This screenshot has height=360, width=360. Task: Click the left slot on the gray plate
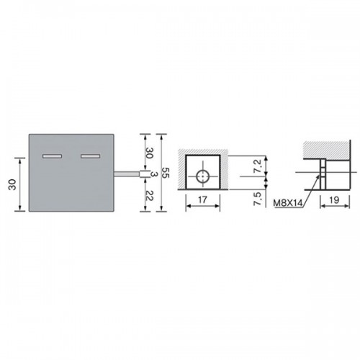point(52,156)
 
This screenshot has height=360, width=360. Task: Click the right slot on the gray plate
point(90,156)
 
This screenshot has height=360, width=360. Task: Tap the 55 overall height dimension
point(166,172)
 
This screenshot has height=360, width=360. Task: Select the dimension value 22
point(149,196)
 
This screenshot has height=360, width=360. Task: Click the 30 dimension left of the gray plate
point(12,184)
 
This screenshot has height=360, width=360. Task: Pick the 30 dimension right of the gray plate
point(149,153)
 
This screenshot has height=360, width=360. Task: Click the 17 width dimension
point(202,199)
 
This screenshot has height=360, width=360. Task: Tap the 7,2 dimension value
point(258,166)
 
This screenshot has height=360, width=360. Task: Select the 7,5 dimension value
point(258,199)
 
